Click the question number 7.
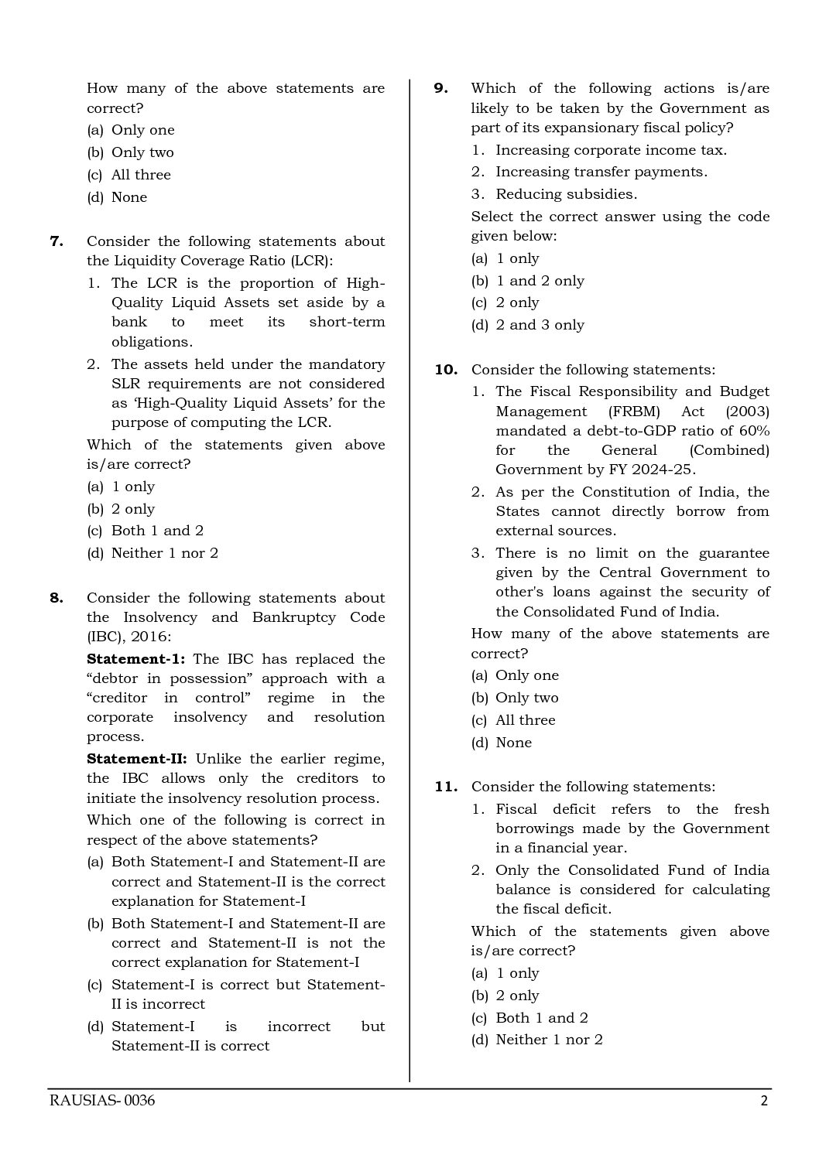[57, 241]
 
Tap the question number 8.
[57, 598]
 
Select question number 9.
[440, 88]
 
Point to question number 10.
[446, 370]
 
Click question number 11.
[446, 787]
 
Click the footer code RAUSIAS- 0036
[101, 1101]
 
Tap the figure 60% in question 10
[753, 431]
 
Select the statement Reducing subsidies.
[566, 194]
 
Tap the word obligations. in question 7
[152, 342]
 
